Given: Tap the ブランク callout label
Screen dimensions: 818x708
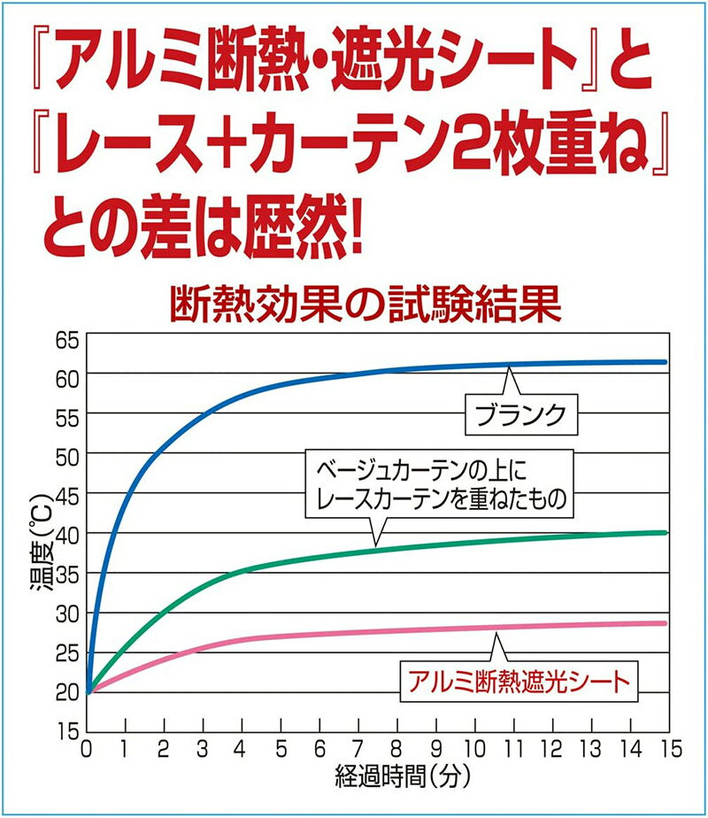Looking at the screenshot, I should (x=527, y=413).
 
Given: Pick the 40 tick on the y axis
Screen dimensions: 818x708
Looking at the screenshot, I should (x=69, y=535).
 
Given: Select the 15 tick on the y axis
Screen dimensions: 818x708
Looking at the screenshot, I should (x=69, y=731).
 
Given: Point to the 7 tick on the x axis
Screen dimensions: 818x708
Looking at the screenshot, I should (x=358, y=749).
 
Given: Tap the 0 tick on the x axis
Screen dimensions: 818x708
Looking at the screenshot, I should (x=87, y=749).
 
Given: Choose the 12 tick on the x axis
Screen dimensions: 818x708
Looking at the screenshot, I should (x=552, y=749).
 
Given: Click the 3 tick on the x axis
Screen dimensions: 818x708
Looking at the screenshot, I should (x=204, y=749).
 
